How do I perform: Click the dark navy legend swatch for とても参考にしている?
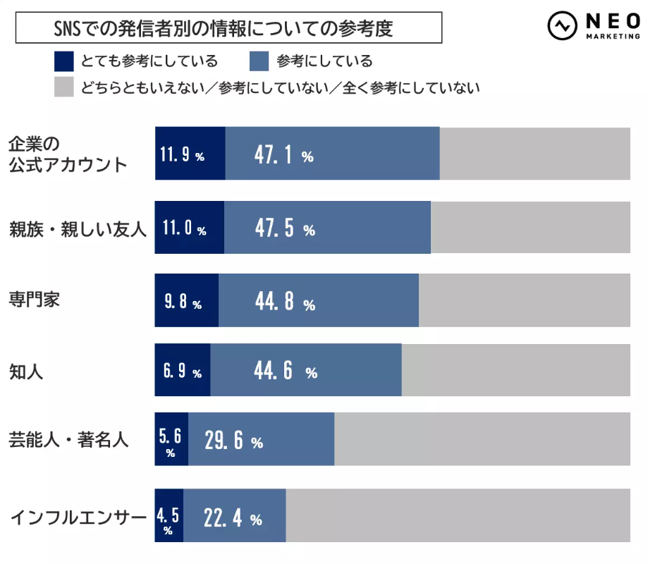click(x=63, y=61)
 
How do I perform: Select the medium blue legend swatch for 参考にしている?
click(x=259, y=61)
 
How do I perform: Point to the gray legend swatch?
click(x=63, y=87)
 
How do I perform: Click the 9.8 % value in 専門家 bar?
click(x=183, y=302)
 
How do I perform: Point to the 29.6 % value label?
click(x=233, y=441)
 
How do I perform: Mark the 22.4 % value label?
click(x=232, y=519)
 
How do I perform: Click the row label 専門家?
click(x=34, y=298)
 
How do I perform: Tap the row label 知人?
click(x=26, y=372)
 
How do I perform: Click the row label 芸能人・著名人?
click(x=68, y=441)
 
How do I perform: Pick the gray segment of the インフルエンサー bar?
click(x=458, y=515)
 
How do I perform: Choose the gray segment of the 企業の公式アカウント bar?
click(x=534, y=154)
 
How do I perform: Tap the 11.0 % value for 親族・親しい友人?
click(x=183, y=228)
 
